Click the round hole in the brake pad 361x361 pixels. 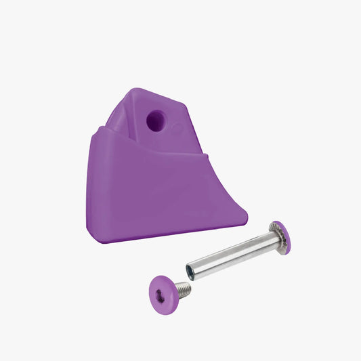point(154,121)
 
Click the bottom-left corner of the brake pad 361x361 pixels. point(88,240)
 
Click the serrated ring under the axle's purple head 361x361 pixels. point(274,234)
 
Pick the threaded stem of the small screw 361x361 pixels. point(182,289)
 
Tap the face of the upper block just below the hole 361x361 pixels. point(157,139)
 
